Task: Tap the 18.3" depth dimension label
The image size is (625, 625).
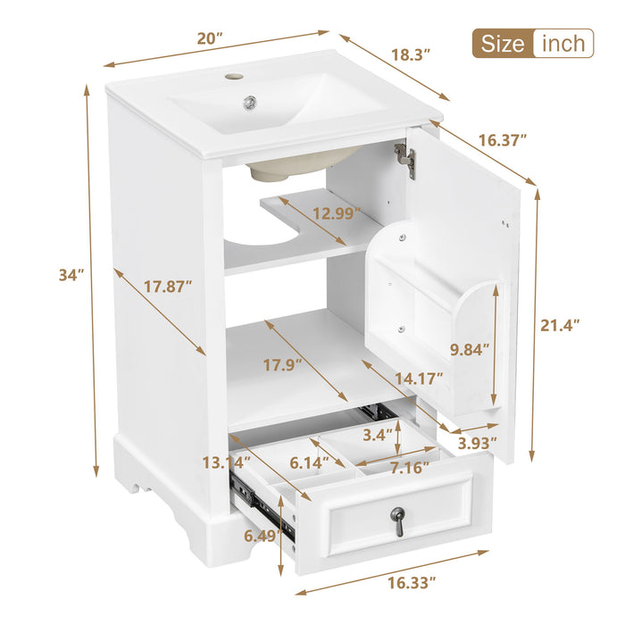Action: pyautogui.click(x=410, y=54)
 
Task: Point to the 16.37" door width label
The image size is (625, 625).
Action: pyautogui.click(x=502, y=140)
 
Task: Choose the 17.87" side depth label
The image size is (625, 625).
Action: pyautogui.click(x=168, y=287)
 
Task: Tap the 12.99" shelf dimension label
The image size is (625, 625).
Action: pyautogui.click(x=336, y=212)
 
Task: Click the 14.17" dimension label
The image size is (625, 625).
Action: pyautogui.click(x=419, y=379)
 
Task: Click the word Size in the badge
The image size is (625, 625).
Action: pyautogui.click(x=504, y=43)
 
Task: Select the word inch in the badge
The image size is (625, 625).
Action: pyautogui.click(x=562, y=43)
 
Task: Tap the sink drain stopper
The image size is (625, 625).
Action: pyautogui.click(x=251, y=102)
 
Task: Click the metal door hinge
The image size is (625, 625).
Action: pyautogui.click(x=406, y=161)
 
